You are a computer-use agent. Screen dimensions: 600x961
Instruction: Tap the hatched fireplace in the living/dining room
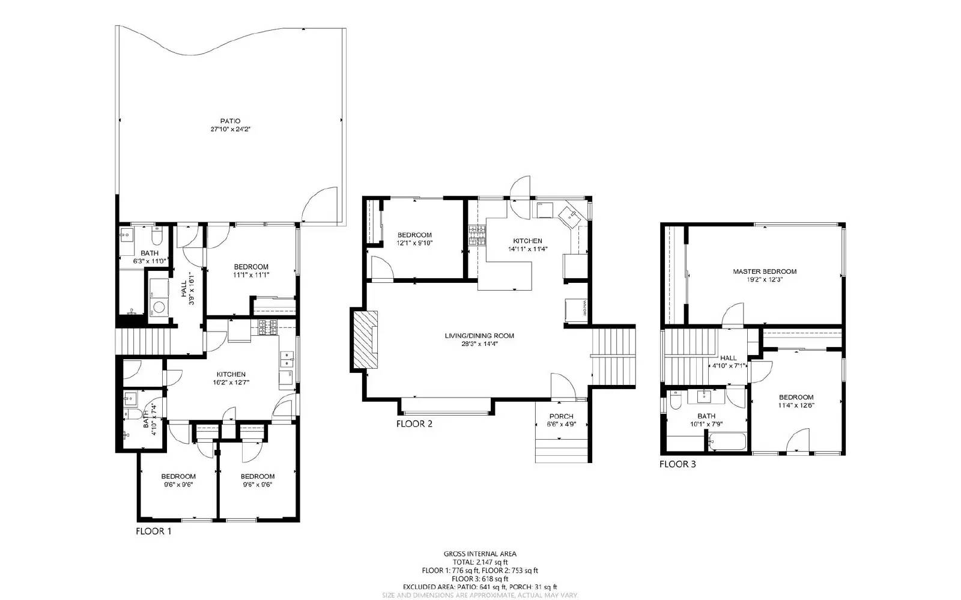click(365, 341)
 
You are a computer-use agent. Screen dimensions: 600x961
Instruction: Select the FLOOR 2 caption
click(414, 424)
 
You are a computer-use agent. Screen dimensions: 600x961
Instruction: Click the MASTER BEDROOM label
click(764, 271)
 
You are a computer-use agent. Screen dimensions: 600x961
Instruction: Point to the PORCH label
click(561, 416)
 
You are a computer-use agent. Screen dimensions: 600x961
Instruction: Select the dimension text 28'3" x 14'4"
click(479, 344)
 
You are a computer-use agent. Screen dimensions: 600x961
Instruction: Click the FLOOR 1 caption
click(153, 532)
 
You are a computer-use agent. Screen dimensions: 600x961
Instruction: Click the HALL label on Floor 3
click(728, 358)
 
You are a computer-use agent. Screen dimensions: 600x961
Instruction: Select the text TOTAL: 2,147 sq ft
click(479, 562)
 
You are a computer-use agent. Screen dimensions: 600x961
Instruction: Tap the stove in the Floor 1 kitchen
click(267, 327)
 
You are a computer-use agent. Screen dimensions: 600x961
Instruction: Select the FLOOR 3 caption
click(678, 464)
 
